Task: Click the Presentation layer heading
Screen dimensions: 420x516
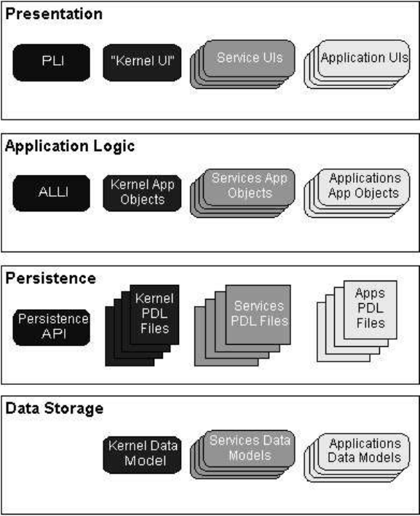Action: coord(54,14)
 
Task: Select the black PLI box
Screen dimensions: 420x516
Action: coord(51,63)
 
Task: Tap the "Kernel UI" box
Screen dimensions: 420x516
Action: coord(142,63)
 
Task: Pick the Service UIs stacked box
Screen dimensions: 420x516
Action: coord(242,64)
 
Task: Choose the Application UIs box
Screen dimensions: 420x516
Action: coord(357,64)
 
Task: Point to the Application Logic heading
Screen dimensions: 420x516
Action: coord(70,146)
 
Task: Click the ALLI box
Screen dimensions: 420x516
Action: coord(51,193)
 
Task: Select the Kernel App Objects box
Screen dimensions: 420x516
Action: coord(142,193)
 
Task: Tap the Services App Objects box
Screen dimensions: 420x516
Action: coord(242,193)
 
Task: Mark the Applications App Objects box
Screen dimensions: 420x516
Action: coord(357,193)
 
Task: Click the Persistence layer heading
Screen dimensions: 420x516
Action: coord(51,278)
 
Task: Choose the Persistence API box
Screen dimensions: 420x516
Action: coord(51,327)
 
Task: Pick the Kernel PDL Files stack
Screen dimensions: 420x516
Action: coord(142,326)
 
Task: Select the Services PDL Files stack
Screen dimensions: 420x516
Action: coord(242,326)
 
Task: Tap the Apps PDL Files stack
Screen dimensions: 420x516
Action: coord(357,321)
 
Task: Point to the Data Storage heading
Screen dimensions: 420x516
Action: coord(54,408)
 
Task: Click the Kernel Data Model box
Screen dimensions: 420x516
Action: coord(142,455)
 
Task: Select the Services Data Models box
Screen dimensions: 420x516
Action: coord(242,455)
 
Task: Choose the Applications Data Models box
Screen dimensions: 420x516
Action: coord(357,458)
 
